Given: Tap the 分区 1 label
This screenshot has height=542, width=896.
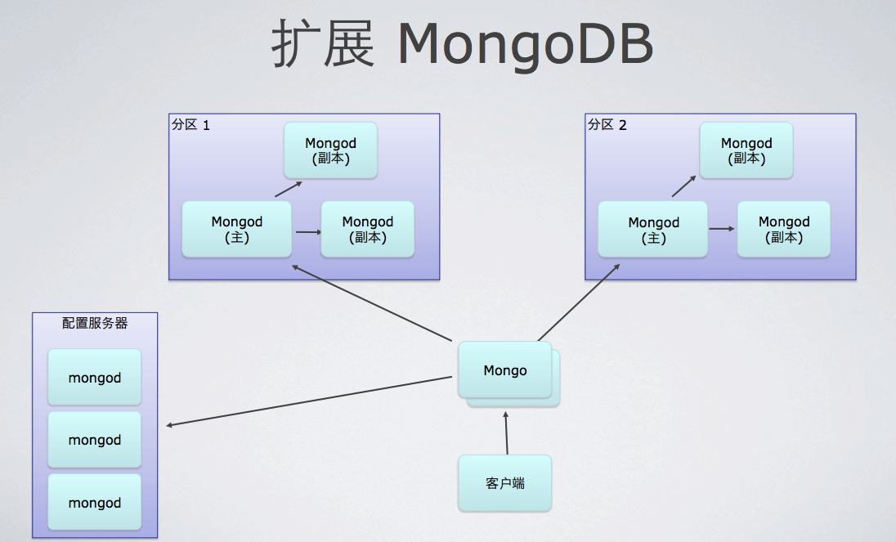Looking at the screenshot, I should [190, 125].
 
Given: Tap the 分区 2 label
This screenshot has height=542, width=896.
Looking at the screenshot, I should [607, 125].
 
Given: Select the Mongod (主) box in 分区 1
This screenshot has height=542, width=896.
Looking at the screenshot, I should [237, 230].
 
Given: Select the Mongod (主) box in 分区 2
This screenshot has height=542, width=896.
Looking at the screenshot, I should [653, 230].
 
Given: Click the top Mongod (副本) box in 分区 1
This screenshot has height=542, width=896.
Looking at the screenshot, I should [330, 151].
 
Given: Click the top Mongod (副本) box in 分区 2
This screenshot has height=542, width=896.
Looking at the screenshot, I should [746, 151].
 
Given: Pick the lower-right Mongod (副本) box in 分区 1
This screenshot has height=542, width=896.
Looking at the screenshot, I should [368, 230].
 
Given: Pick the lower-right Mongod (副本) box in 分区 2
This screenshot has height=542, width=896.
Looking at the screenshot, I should [783, 230].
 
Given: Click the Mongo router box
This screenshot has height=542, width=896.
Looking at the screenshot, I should [505, 370].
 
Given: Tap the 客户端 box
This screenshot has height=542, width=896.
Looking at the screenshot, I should [505, 483].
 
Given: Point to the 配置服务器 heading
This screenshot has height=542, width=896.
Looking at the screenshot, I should [95, 323].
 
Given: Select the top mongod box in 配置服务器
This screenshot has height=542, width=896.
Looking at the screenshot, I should [95, 378].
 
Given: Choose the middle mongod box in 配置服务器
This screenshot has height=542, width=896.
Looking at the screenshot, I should [95, 440].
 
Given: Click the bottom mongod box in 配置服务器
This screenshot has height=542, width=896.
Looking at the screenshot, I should [95, 503].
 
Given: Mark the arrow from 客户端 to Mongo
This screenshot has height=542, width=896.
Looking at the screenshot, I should [507, 432].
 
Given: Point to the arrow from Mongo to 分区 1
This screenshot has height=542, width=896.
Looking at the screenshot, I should [372, 303].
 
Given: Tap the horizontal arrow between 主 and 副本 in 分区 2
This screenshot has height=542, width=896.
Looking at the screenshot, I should [721, 229].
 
